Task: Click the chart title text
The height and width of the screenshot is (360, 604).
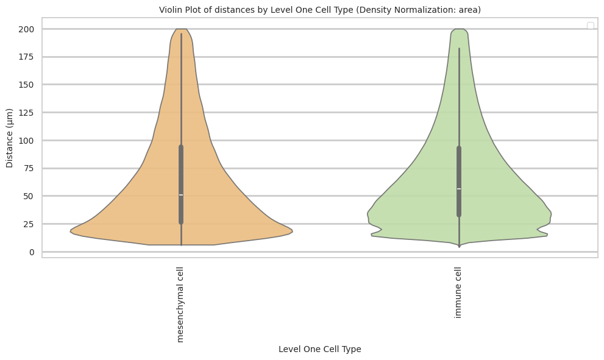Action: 320,10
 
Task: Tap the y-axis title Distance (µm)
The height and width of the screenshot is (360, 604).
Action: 10,139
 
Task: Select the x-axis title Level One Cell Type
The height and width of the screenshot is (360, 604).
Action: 320,349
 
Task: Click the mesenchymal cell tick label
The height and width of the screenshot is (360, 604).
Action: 180,304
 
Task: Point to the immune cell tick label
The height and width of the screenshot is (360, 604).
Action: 458,292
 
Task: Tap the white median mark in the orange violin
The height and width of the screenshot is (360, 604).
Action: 181,195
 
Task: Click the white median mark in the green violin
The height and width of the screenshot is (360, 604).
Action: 459,189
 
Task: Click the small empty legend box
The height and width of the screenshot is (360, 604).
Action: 590,25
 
